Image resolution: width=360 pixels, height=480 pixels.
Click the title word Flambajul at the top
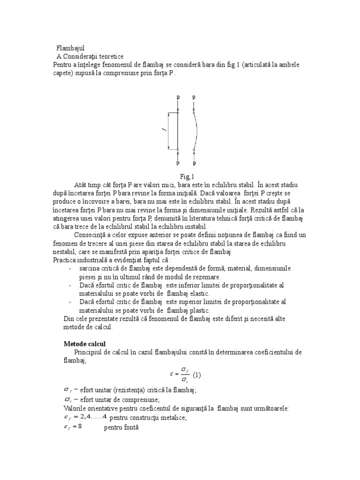tap(70, 48)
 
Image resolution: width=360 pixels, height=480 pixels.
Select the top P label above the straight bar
tap(178, 97)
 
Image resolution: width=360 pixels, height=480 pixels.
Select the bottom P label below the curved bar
tap(194, 164)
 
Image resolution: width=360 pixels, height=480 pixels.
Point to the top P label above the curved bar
tap(194, 97)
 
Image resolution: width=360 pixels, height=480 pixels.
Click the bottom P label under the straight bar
tap(178, 164)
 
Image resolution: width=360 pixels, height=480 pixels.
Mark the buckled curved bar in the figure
tap(197, 131)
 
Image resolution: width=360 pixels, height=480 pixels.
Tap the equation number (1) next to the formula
tap(197, 375)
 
